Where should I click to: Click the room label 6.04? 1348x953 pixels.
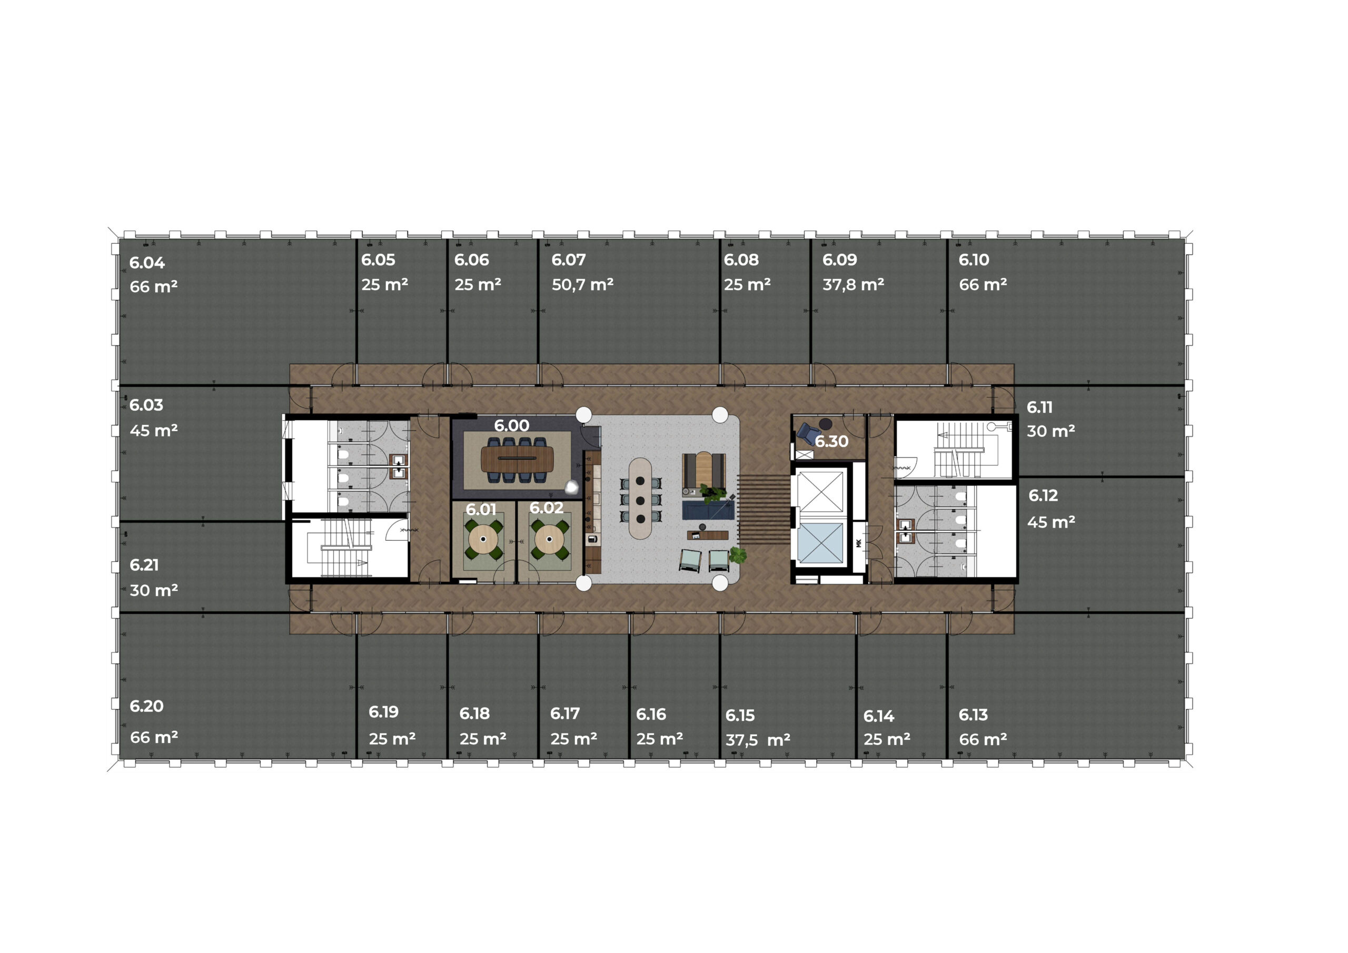[147, 263]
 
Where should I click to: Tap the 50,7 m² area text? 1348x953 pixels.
[582, 285]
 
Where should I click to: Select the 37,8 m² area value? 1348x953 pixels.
[853, 285]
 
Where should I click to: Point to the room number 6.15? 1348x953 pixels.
[740, 715]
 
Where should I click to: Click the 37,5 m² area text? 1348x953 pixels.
[758, 740]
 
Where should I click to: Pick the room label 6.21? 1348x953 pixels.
[144, 565]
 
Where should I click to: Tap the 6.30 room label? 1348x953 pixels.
[831, 441]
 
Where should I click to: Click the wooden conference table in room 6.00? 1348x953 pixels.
[517, 459]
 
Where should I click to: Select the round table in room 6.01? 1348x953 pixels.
[483, 539]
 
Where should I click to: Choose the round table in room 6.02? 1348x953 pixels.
[550, 539]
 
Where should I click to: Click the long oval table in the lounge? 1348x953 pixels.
[640, 498]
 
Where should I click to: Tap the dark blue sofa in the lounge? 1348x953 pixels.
[708, 510]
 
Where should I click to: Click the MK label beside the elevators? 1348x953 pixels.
[858, 543]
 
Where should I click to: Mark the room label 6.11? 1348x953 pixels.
[1039, 407]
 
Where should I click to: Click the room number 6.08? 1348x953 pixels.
[741, 260]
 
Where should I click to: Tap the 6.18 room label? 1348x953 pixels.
[474, 713]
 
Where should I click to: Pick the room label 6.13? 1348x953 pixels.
[974, 714]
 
